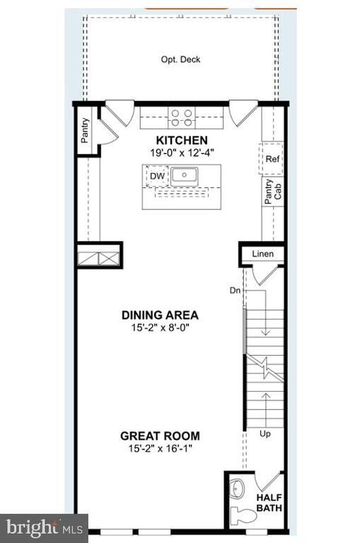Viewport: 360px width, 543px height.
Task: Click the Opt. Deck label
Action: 180,59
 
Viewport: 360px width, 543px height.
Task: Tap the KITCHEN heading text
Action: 182,141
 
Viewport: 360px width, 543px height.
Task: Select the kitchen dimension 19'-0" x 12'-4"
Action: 182,153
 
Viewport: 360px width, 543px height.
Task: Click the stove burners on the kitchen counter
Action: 182,116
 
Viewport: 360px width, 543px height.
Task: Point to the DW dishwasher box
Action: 156,175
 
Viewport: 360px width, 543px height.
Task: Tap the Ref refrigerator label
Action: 272,159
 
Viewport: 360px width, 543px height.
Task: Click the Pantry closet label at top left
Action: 85,130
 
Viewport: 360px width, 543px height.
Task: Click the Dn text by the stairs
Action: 235,290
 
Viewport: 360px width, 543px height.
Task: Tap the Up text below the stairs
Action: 265,433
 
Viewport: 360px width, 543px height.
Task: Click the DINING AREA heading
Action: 160,315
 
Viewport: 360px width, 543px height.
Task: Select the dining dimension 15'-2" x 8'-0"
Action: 160,327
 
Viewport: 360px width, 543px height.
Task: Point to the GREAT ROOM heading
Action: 160,436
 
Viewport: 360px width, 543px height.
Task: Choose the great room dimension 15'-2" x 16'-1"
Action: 160,448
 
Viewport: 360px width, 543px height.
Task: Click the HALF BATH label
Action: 269,502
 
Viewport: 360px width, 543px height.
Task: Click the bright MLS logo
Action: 44,527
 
